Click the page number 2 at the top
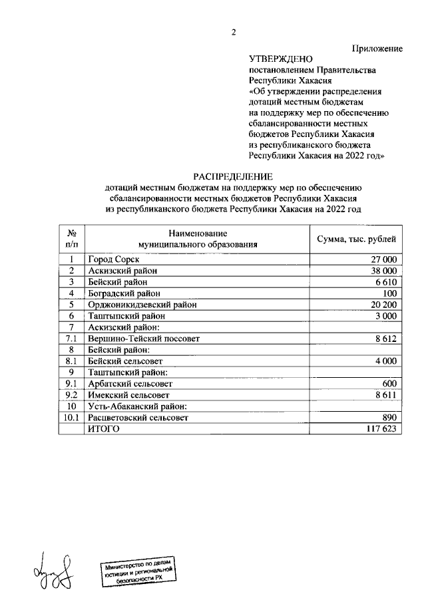pos(234,33)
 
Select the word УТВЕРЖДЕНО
pos(280,60)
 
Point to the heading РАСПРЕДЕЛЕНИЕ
pos(233,176)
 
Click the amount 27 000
pos(383,259)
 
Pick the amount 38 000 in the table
pos(383,271)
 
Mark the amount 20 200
pos(383,305)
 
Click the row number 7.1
pos(71,339)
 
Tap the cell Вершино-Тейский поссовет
pos(144,339)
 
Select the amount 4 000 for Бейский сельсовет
pos(386,361)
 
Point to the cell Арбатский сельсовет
pos(130,384)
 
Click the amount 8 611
pos(386,395)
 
